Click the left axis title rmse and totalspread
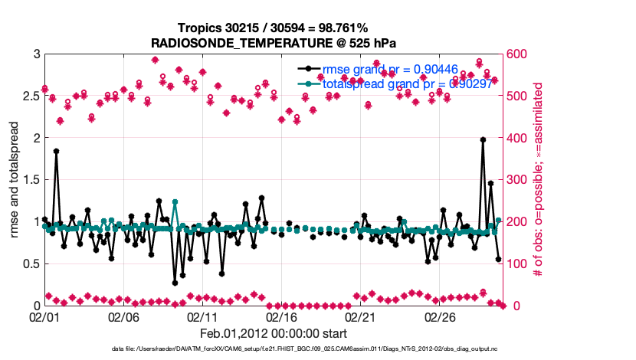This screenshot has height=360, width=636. (15, 180)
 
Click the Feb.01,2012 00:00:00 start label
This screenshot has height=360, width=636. (274, 334)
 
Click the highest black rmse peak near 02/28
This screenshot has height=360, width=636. (483, 139)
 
